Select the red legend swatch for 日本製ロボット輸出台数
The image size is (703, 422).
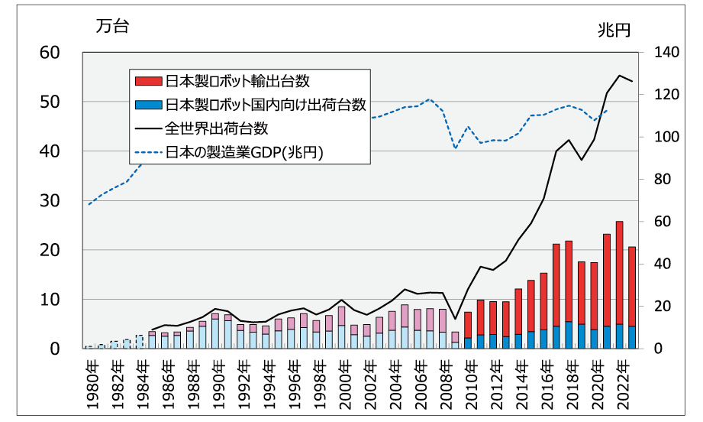tap(147, 80)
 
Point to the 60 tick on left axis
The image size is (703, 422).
tap(50, 53)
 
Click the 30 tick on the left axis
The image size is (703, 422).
tap(50, 201)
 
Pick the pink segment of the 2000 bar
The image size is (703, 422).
tap(342, 316)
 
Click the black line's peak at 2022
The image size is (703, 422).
tap(619, 76)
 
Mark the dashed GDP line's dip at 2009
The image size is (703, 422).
tap(456, 148)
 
